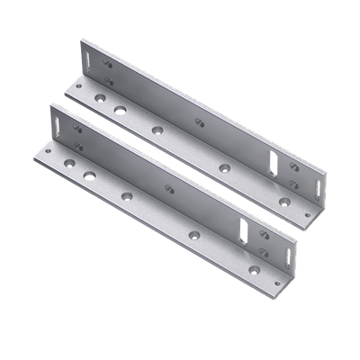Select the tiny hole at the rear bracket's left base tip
[77, 87]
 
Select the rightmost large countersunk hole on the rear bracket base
[284, 201]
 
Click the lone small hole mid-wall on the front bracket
[168, 187]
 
